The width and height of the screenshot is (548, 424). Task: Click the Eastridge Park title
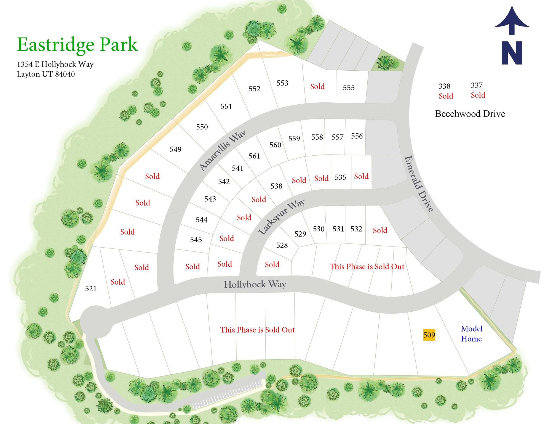(77, 45)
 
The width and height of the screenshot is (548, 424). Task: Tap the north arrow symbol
(512, 35)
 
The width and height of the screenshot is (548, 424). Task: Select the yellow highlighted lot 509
(429, 335)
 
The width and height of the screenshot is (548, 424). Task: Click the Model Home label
(472, 334)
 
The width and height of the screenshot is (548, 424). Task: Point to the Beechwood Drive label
(470, 114)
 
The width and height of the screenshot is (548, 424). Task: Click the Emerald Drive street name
(419, 184)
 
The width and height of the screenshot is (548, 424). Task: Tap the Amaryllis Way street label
(222, 150)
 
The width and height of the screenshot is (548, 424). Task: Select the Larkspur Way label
(282, 217)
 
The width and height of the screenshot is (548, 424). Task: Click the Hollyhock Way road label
(255, 284)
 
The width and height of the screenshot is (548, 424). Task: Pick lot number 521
(91, 289)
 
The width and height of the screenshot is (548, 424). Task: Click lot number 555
(349, 88)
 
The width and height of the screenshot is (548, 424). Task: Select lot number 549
(175, 149)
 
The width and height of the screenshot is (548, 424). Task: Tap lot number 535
(341, 177)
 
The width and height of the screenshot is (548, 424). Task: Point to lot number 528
(282, 245)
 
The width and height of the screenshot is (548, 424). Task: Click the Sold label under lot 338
(446, 96)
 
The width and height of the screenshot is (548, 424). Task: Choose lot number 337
(477, 85)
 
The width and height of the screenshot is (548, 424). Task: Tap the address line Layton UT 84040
(46, 74)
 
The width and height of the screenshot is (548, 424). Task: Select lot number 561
(254, 156)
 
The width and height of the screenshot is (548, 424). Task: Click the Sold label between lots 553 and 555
(317, 87)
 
